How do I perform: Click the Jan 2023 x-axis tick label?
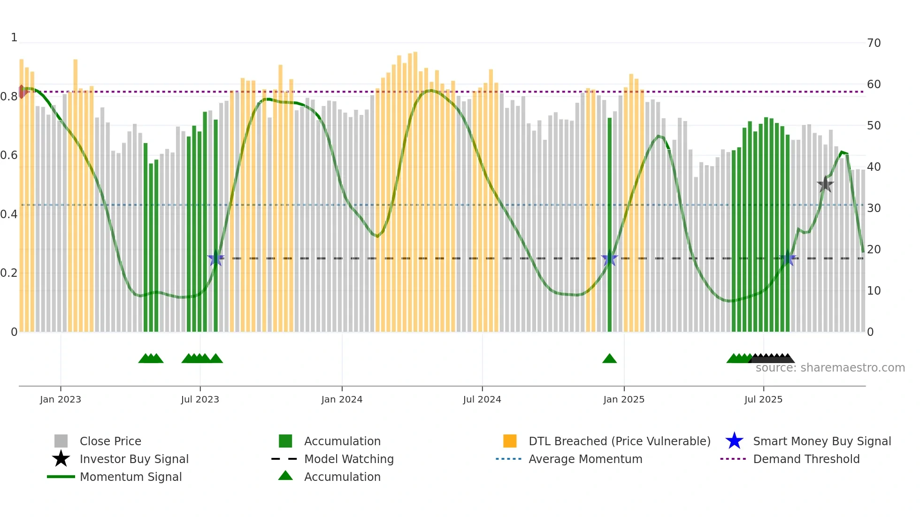(60, 399)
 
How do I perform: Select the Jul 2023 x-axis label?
(200, 399)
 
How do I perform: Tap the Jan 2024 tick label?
(342, 399)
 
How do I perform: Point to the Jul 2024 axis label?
(482, 399)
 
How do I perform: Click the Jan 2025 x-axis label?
(624, 399)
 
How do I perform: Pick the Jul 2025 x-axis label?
(763, 399)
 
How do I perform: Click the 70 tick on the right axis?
(874, 43)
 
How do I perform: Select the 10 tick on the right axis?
(874, 291)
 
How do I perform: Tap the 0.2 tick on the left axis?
(9, 273)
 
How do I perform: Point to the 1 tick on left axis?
(14, 38)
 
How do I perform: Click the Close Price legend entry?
(110, 441)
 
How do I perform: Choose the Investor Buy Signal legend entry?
(134, 459)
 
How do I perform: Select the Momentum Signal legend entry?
(130, 477)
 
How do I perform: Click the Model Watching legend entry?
(349, 459)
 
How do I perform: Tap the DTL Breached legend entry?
(619, 441)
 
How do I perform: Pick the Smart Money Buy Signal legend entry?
(821, 441)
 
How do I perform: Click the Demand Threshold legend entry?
(806, 459)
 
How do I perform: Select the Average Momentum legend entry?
(585, 459)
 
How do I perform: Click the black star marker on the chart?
(825, 184)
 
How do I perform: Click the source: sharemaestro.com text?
(830, 368)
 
